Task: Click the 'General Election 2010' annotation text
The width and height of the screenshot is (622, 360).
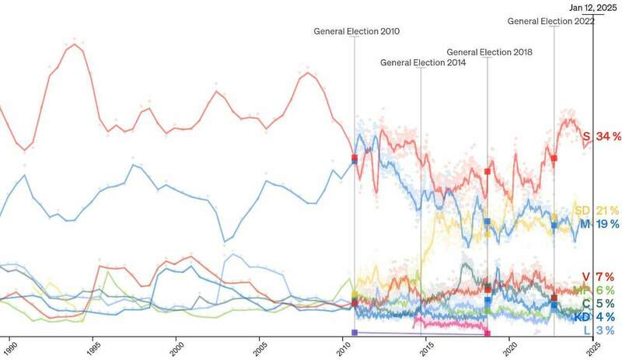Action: coord(357,32)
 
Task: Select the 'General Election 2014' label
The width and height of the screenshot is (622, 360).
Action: coord(423,62)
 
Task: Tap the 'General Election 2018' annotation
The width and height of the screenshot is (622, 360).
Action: coord(490,52)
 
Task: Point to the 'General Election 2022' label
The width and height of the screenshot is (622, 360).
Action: coord(551,21)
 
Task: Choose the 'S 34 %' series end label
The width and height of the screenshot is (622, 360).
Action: coord(602,137)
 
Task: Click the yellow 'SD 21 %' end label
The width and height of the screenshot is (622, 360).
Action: coord(596,211)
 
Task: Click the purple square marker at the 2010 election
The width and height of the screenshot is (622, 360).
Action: coord(355,333)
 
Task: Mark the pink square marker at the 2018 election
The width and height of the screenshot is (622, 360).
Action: coord(487,334)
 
